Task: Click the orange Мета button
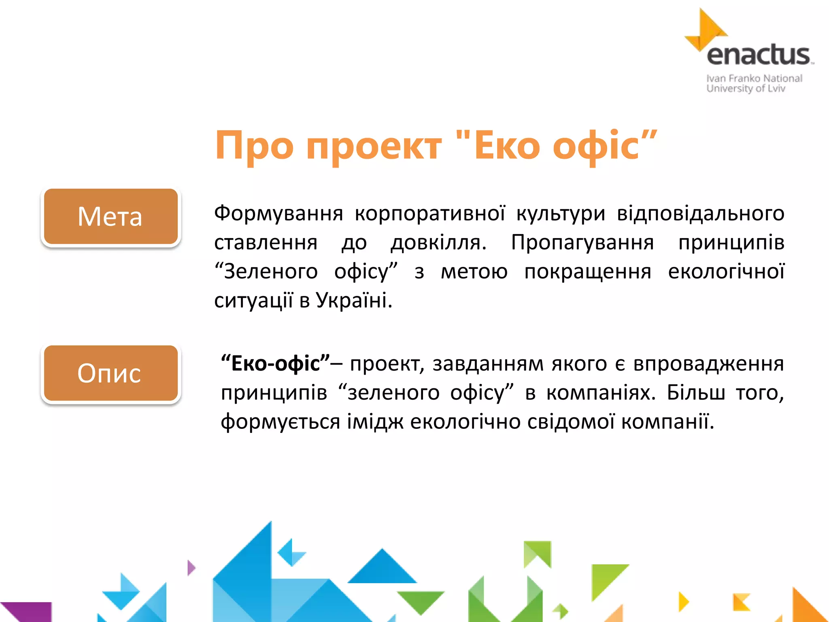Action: [111, 216]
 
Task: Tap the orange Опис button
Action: [111, 373]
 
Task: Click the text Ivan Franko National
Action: [754, 78]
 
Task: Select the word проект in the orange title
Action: [374, 146]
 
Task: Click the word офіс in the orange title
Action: [596, 146]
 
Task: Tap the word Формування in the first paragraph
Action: [278, 213]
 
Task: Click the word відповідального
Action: [700, 213]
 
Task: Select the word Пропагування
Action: [582, 243]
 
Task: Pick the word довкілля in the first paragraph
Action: [438, 243]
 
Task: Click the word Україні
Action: [354, 300]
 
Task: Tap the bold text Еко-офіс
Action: [276, 363]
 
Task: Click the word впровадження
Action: [708, 363]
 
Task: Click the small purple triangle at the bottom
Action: [191, 568]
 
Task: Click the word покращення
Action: [588, 271]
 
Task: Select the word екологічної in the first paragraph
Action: [726, 271]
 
